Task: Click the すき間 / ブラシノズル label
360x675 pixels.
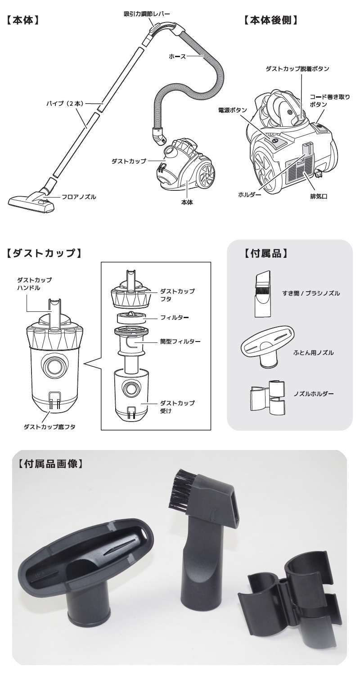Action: (x=311, y=293)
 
